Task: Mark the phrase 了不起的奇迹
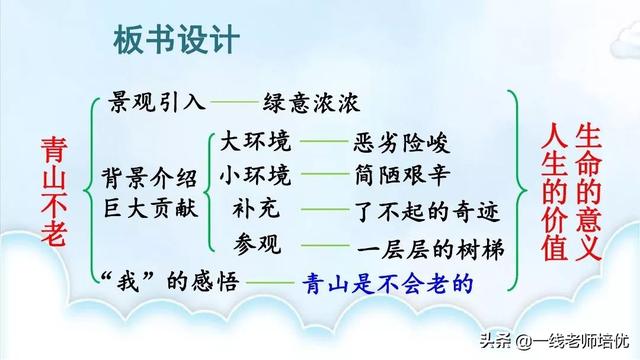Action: pos(425,213)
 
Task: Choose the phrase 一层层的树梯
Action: pos(425,248)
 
